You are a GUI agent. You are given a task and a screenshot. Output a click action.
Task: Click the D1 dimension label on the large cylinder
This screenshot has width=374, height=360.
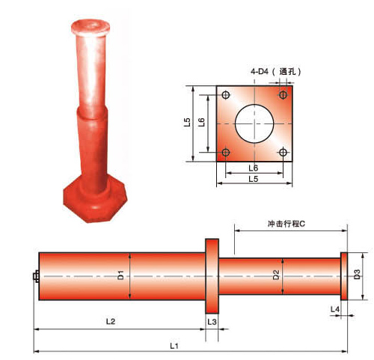coord(120,276)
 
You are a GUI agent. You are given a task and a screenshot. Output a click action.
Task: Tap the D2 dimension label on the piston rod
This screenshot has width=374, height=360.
coord(276,275)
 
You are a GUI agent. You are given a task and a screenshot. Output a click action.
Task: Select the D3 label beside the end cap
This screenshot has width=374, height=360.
coord(358,275)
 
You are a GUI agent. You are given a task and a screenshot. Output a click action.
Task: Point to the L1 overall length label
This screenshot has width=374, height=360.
coord(174,346)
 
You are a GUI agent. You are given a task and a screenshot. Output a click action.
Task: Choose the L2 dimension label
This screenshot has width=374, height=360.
coord(110,321)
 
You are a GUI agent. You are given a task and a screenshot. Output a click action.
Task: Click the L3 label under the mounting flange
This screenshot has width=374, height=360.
coord(212,321)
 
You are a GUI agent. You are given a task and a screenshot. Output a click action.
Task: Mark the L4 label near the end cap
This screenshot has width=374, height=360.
coord(336,308)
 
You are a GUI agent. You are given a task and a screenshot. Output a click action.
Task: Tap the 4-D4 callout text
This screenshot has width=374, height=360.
coord(260,72)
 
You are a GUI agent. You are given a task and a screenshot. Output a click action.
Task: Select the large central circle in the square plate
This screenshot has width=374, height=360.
coord(254,123)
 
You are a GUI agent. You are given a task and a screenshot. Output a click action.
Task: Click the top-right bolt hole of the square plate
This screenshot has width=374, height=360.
coord(283,95)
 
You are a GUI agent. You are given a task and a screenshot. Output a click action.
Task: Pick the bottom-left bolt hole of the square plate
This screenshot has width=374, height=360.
coord(225,153)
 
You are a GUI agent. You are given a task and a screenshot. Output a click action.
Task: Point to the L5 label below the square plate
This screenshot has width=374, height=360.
coord(254,180)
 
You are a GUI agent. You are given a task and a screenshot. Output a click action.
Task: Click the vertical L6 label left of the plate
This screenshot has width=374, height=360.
coord(202,122)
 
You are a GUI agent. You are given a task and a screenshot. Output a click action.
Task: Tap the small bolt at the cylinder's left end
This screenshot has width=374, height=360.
coord(35,276)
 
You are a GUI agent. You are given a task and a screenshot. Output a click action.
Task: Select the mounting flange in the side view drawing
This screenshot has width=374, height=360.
coord(212,276)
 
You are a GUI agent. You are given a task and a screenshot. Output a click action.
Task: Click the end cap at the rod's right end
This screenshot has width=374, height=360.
coord(344,275)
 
